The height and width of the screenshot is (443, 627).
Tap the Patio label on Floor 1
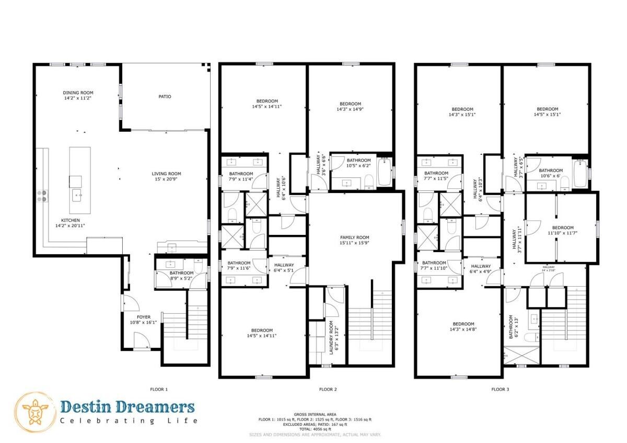(165, 96)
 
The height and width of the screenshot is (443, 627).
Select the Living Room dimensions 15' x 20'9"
(166, 180)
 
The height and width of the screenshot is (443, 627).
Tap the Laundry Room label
(331, 338)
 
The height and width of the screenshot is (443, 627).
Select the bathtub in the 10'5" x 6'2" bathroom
(384, 172)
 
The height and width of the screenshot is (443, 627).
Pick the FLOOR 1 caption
(159, 389)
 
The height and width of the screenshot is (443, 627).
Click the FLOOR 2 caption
(328, 389)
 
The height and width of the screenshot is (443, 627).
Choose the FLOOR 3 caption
(500, 389)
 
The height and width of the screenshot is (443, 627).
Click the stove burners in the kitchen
(42, 196)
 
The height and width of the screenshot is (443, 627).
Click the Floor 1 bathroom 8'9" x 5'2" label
(181, 276)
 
